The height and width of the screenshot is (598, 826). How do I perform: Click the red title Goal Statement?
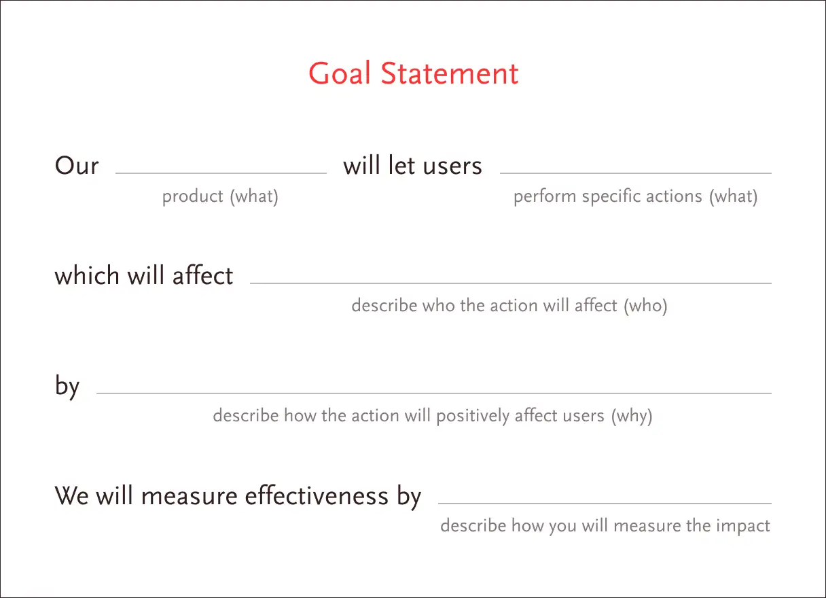pos(414,73)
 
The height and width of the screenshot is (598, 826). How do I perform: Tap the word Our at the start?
pos(77,165)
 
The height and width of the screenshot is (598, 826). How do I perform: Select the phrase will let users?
pos(412,165)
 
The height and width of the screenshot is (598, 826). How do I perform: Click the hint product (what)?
pos(220,196)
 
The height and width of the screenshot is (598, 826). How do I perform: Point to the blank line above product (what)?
pos(221,173)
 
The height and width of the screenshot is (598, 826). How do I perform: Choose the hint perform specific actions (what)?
pos(635,196)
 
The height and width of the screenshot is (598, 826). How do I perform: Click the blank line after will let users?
pos(636,173)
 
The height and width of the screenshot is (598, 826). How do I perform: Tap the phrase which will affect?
pos(144,275)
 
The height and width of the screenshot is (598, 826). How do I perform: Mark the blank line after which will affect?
pos(511,283)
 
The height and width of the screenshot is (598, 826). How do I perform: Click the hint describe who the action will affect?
pos(484,306)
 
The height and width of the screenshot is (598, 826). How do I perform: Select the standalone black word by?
pos(67,386)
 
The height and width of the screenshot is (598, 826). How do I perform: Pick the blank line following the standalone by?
pos(434,393)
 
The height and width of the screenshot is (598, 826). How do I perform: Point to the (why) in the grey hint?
pos(632,416)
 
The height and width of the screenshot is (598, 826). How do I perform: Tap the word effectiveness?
pos(317,495)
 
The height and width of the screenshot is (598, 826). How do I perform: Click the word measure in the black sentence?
pos(189,496)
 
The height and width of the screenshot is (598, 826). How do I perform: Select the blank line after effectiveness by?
pos(605,503)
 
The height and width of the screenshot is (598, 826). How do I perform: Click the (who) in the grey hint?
pos(645,306)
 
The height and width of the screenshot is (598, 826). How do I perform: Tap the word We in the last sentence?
pos(71,496)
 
